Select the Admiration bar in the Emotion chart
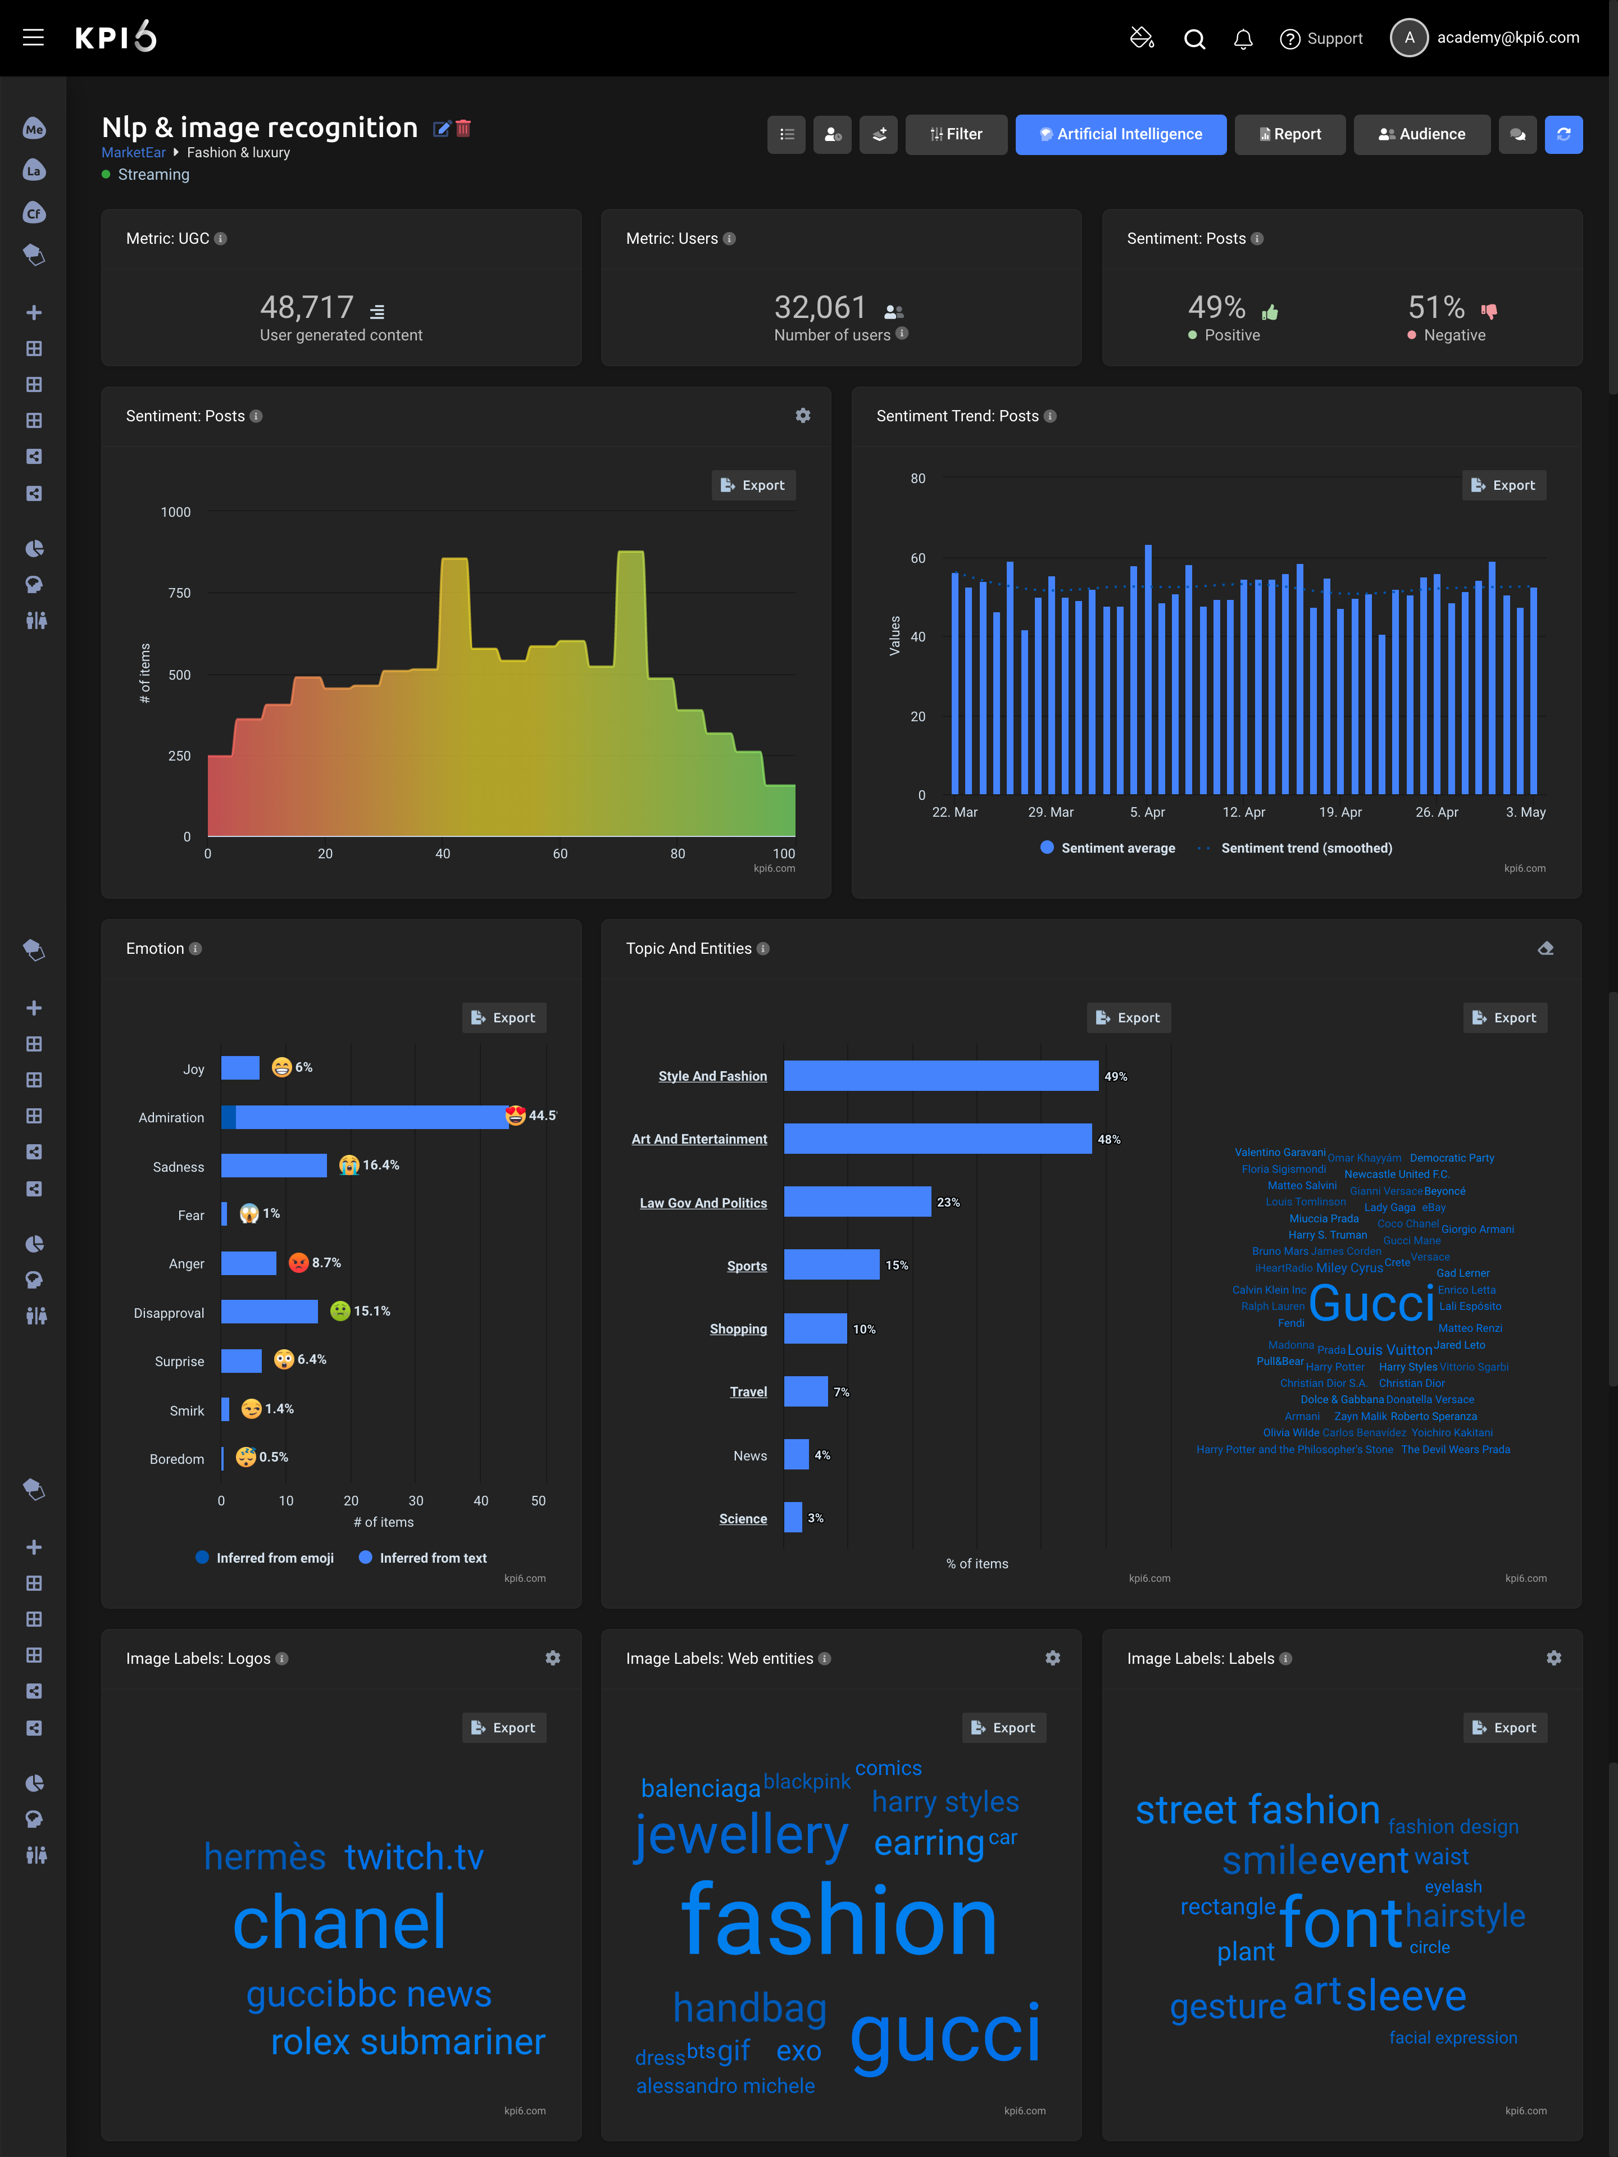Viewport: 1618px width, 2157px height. pos(371,1117)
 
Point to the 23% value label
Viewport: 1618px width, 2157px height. pos(948,1202)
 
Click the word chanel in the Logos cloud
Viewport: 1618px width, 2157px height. pos(339,1923)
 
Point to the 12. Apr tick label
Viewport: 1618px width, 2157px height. pos(1243,812)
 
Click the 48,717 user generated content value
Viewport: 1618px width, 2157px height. pos(306,308)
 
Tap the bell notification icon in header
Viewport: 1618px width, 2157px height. pos(1243,39)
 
